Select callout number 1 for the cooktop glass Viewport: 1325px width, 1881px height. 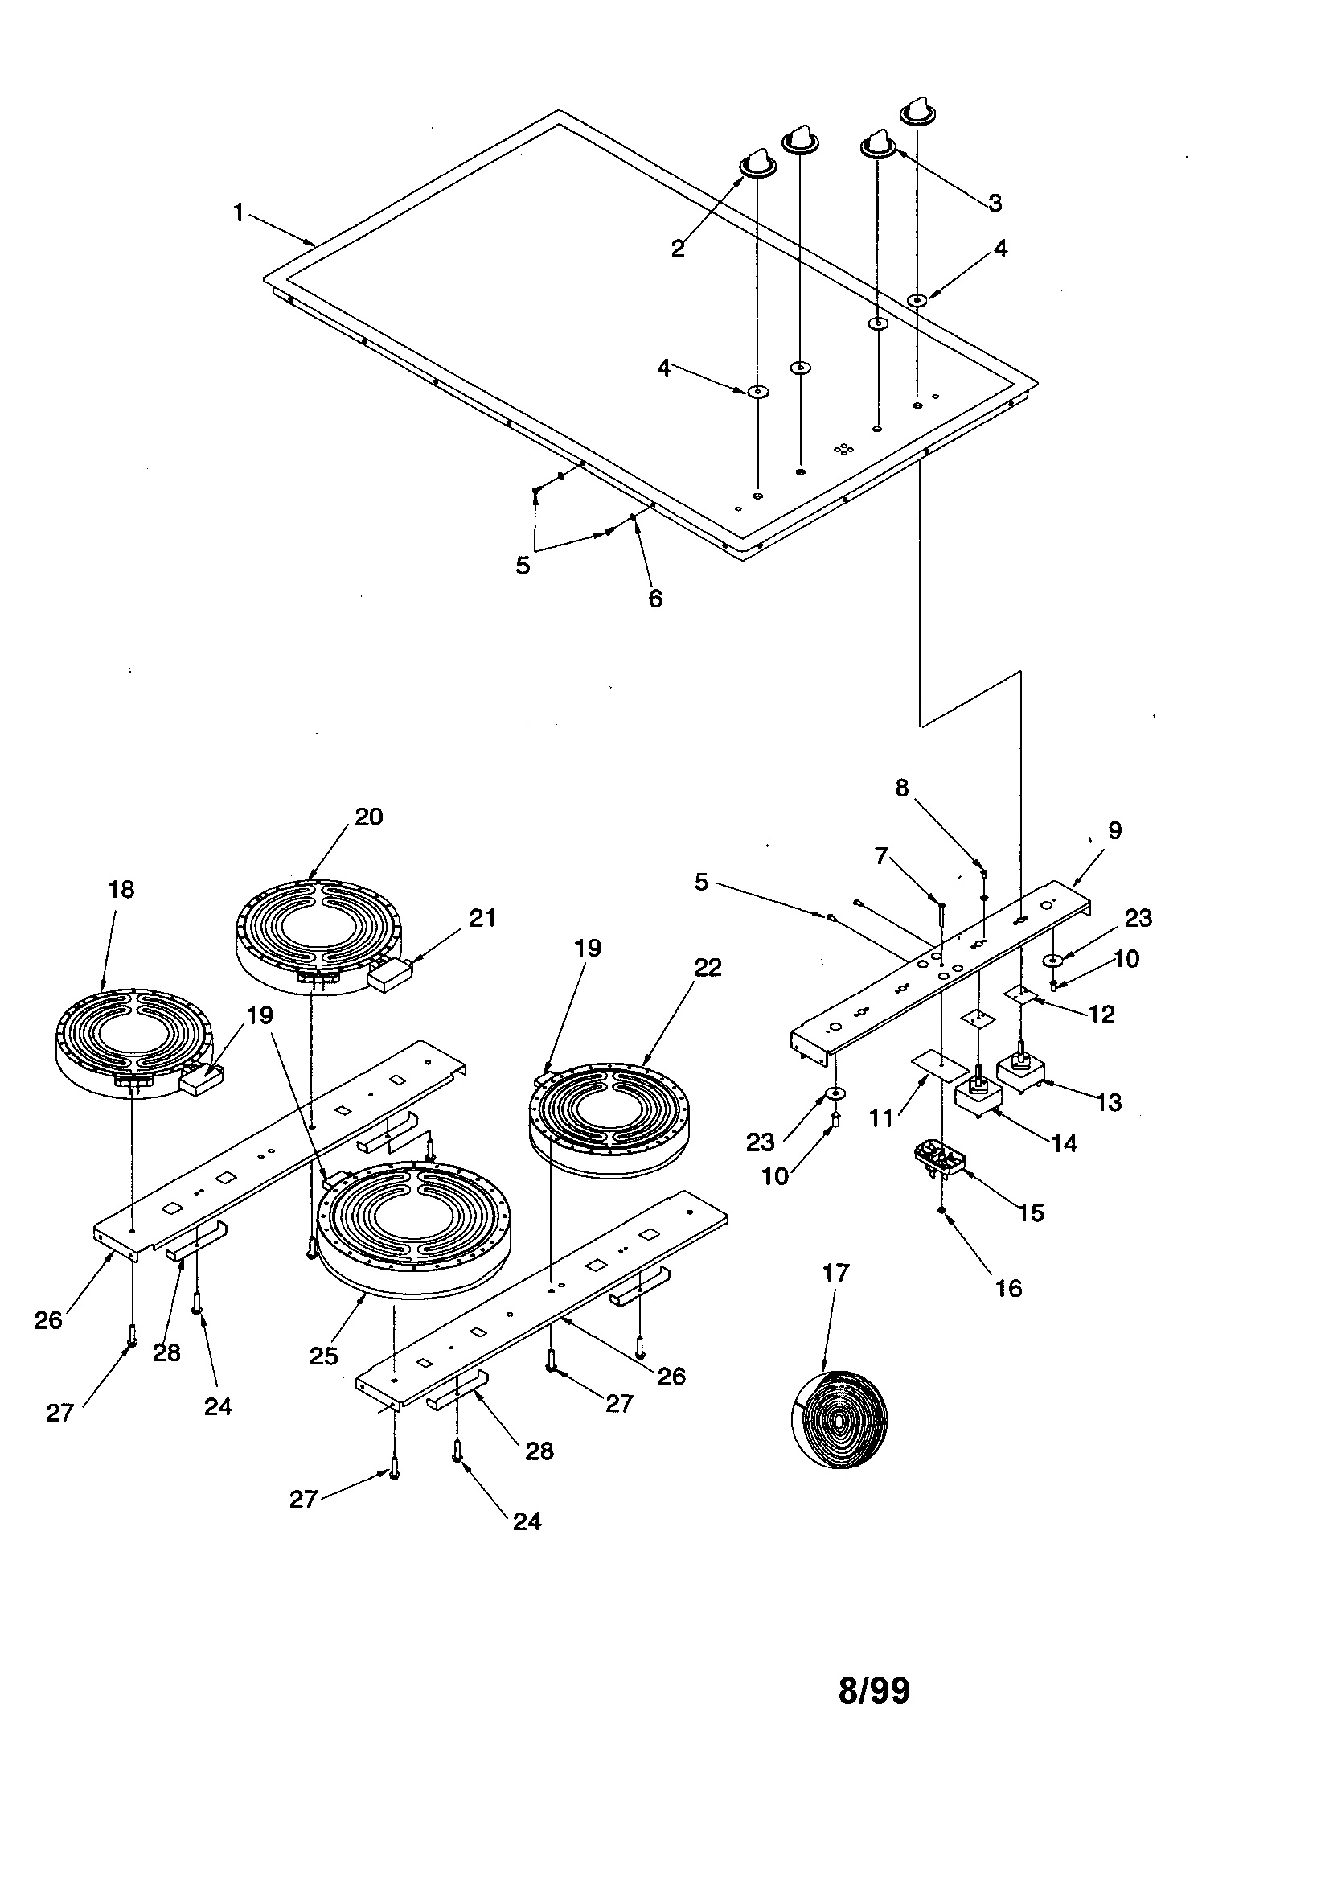[238, 213]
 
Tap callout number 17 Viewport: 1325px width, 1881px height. [836, 1272]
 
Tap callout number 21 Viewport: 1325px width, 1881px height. [482, 919]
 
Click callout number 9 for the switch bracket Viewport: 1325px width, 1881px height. [1114, 830]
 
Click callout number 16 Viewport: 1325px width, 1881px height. [1009, 1288]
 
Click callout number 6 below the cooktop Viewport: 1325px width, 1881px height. [655, 599]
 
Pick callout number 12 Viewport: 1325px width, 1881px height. [1102, 1015]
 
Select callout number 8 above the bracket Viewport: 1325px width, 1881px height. [901, 788]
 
